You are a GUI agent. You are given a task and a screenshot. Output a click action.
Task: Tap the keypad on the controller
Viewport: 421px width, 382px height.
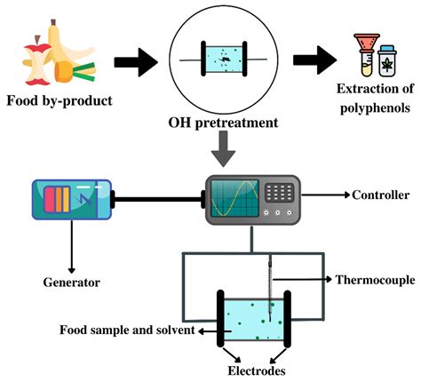tap(280, 191)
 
